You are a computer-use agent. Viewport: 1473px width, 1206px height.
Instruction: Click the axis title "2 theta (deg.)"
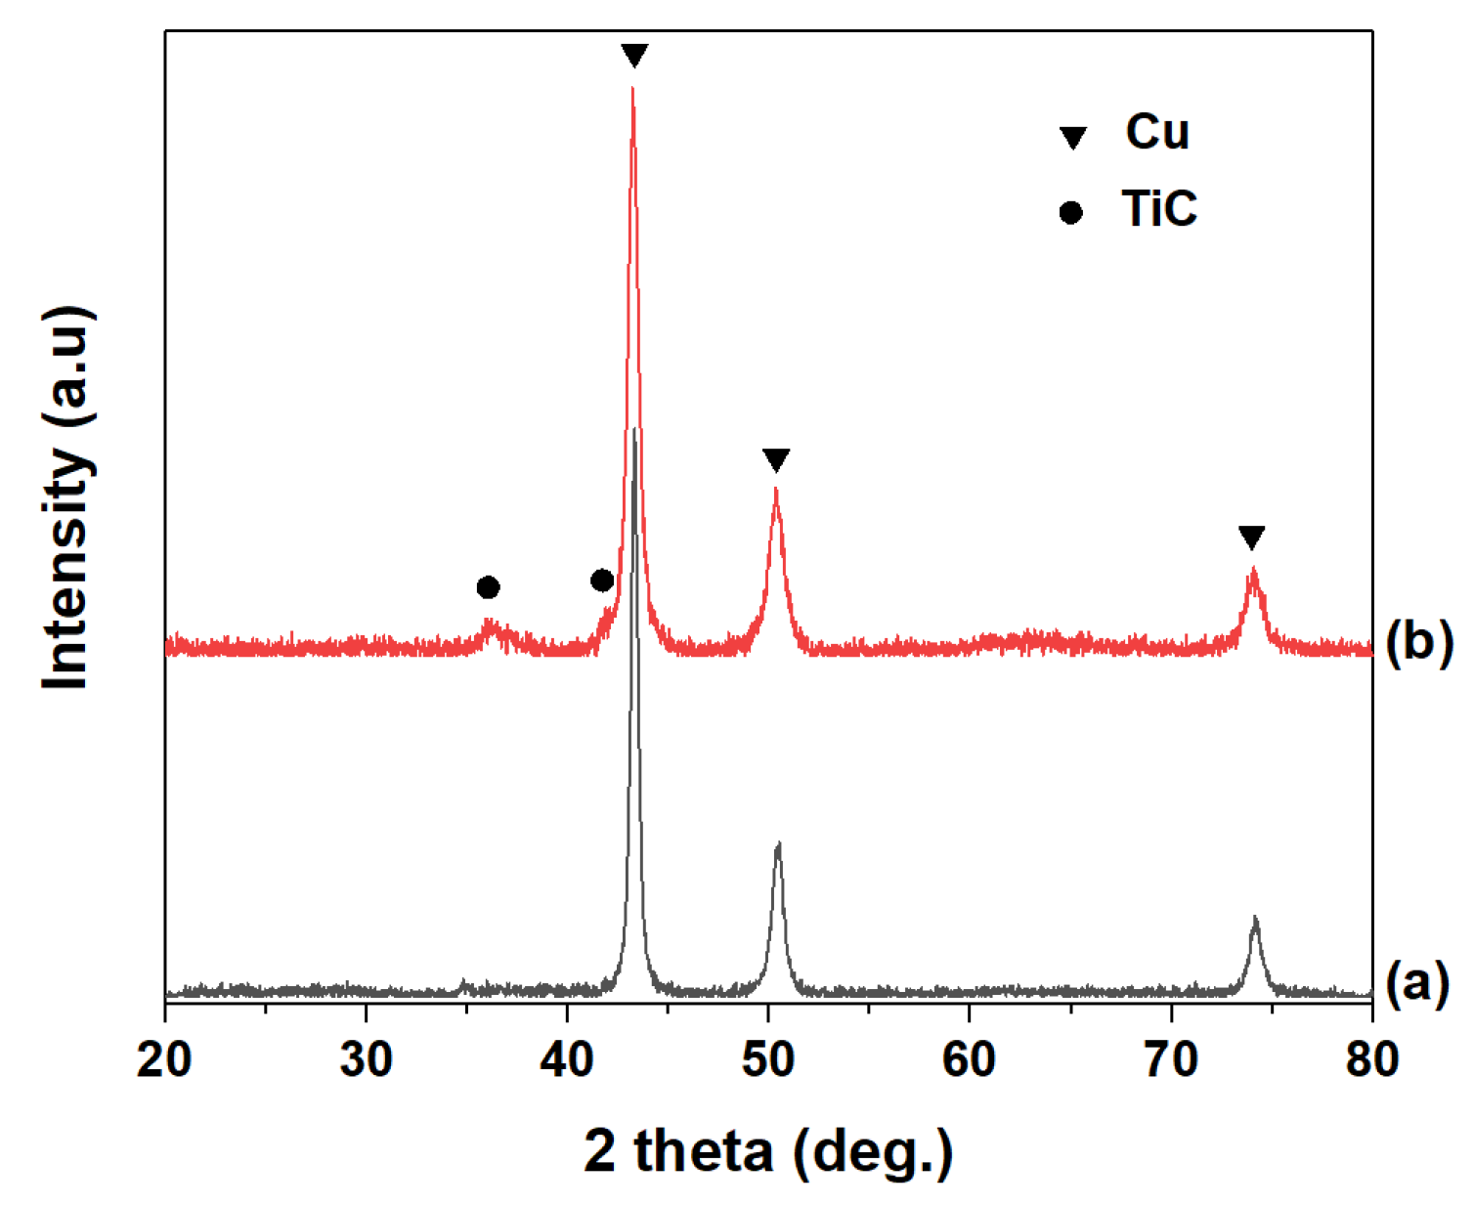pos(768,1151)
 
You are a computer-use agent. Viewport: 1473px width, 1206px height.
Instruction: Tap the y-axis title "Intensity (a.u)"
pos(68,498)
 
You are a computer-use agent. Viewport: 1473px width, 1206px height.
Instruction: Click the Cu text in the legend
pos(1157,132)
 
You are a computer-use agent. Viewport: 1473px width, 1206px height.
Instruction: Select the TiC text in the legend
pos(1159,208)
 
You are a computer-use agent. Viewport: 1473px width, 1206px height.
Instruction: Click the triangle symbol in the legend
pos(1073,137)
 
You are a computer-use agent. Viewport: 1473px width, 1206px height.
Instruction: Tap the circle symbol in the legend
pos(1071,212)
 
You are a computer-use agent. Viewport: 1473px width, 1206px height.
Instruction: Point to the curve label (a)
pos(1417,983)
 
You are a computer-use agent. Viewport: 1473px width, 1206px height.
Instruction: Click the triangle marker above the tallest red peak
pos(634,55)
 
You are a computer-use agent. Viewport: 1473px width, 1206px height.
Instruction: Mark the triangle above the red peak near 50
pos(776,459)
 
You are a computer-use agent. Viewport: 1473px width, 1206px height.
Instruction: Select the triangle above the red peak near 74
pos(1251,537)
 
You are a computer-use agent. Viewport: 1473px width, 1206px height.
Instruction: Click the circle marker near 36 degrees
pos(489,587)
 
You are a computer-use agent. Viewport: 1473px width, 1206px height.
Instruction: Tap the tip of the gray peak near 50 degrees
pos(778,843)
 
